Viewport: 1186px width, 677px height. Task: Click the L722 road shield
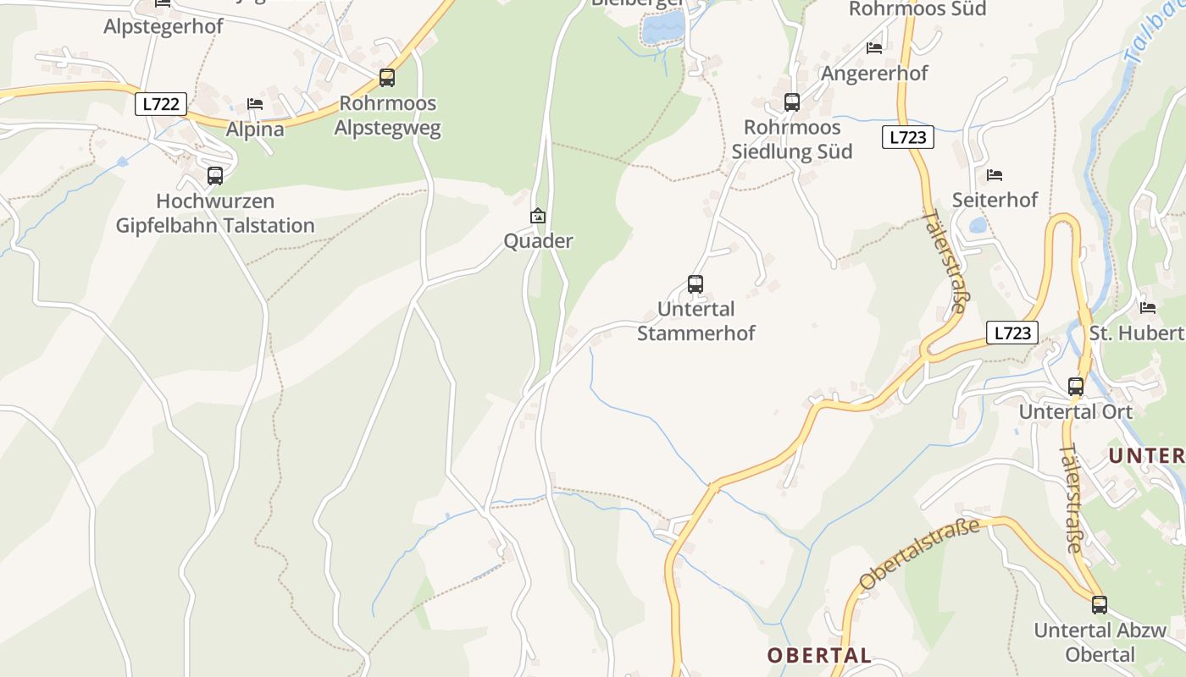tap(160, 104)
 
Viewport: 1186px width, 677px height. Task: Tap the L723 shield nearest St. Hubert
tap(1011, 333)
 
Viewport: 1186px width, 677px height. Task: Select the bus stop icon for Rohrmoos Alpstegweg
tap(387, 78)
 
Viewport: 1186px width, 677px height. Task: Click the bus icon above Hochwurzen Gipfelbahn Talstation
tap(215, 176)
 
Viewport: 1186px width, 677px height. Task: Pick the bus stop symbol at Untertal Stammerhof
tap(696, 284)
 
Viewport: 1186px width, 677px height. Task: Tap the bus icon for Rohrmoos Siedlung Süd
tap(792, 102)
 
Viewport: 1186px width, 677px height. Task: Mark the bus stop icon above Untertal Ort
tap(1076, 387)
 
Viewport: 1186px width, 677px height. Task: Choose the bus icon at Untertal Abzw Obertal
tap(1100, 605)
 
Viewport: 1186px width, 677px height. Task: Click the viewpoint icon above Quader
tap(538, 217)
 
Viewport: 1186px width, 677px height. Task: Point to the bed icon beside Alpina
tap(255, 104)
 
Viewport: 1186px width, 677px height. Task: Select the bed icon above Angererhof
tap(874, 48)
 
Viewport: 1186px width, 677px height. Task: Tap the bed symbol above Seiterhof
tap(995, 175)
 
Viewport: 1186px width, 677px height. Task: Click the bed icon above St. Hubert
tap(1148, 307)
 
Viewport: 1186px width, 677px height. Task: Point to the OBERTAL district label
tap(819, 655)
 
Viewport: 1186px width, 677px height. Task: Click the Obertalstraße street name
tap(919, 554)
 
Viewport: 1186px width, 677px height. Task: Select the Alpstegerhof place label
tap(163, 26)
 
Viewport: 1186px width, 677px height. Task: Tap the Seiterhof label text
tap(995, 200)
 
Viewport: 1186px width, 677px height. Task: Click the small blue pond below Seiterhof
tap(978, 225)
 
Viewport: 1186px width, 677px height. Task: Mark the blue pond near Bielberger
tap(662, 29)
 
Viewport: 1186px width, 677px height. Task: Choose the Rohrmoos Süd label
tap(917, 9)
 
